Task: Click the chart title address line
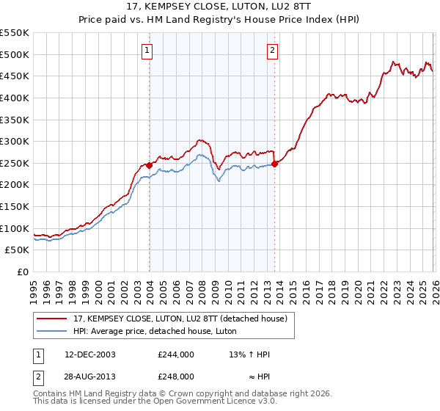tap(219, 7)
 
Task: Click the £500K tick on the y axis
tap(15, 54)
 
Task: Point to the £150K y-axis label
tap(15, 207)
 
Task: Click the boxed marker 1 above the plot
tap(148, 51)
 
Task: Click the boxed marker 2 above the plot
tap(273, 51)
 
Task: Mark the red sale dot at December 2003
tap(149, 166)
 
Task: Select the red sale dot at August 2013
tap(275, 164)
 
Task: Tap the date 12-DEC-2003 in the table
tap(89, 354)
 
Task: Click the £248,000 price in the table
tap(175, 376)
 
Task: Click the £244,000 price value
tap(175, 354)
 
